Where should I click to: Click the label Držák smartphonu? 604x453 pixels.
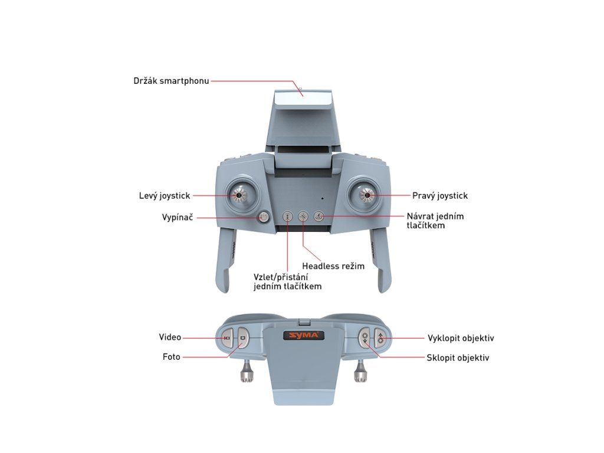click(171, 80)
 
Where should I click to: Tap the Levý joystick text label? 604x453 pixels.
click(165, 195)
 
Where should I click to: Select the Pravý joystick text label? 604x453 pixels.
click(440, 195)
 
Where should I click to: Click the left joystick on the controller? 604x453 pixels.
click(239, 194)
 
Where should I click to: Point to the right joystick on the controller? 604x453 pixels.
click(366, 194)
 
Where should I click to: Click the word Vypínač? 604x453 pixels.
click(178, 217)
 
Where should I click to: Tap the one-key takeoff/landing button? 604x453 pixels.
click(287, 216)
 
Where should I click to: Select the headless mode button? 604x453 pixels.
click(303, 216)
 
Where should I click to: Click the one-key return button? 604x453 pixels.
click(319, 216)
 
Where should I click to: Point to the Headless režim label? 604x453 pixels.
click(333, 266)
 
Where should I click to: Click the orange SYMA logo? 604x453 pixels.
click(304, 336)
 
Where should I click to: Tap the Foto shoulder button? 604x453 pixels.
click(242, 339)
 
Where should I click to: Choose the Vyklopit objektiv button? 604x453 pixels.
click(380, 339)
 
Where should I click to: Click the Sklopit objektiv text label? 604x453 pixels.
click(458, 357)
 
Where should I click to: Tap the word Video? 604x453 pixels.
click(170, 337)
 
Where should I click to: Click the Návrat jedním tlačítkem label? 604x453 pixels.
click(435, 221)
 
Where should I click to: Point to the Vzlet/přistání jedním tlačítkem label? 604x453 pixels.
click(288, 281)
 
